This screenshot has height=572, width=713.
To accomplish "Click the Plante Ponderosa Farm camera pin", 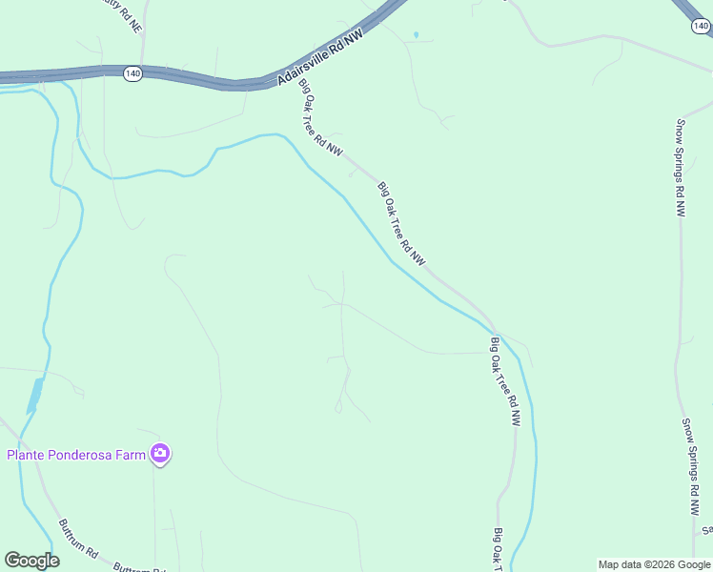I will tap(160, 454).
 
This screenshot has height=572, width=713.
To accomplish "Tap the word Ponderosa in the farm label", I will tap(93, 455).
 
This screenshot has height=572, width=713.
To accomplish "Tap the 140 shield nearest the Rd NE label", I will tap(132, 73).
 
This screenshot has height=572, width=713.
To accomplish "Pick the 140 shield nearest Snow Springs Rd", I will tap(700, 27).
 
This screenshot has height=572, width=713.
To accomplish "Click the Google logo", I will tap(31, 561).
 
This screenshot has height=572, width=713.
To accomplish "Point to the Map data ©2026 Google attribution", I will tap(654, 564).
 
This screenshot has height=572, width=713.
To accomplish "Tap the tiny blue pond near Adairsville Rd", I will tap(416, 35).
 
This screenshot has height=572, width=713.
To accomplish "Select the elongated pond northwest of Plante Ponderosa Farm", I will tap(35, 395).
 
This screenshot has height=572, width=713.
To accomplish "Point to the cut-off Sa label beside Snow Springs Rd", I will tap(706, 530).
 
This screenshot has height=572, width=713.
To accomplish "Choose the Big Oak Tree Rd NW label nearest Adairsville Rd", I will tap(320, 116).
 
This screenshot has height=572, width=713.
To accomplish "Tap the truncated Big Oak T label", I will tap(497, 550).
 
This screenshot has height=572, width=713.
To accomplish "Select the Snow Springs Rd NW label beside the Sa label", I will tap(690, 467).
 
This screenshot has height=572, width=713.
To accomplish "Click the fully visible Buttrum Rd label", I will tap(78, 539).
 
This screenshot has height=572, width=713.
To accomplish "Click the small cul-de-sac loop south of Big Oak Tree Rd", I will tap(337, 409).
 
